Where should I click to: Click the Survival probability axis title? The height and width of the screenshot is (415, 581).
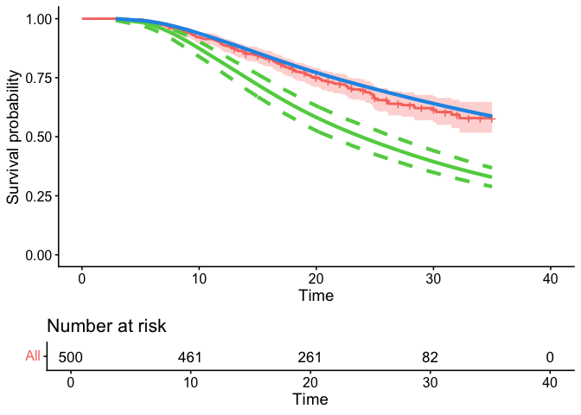pyautogui.click(x=13, y=137)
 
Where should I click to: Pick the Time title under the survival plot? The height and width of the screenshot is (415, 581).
pyautogui.click(x=316, y=295)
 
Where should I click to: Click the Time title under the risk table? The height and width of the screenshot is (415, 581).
pyautogui.click(x=310, y=399)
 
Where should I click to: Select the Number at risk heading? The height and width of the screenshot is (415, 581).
pyautogui.click(x=106, y=326)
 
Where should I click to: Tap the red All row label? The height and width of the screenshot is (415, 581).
pyautogui.click(x=32, y=355)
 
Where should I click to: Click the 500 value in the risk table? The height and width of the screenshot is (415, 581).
pyautogui.click(x=70, y=356)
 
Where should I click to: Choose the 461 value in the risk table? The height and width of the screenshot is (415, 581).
pyautogui.click(x=190, y=356)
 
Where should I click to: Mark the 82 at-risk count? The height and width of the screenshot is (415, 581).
pyautogui.click(x=430, y=356)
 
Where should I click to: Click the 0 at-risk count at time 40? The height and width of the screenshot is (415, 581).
pyautogui.click(x=550, y=356)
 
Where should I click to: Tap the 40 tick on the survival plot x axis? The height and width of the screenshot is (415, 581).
pyautogui.click(x=551, y=278)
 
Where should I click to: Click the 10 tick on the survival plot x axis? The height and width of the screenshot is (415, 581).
pyautogui.click(x=199, y=278)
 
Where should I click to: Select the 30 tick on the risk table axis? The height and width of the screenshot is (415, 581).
pyautogui.click(x=430, y=382)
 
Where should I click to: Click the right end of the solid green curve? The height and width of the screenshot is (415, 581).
pyautogui.click(x=492, y=176)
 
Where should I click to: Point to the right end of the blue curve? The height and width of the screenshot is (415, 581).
pyautogui.click(x=492, y=116)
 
